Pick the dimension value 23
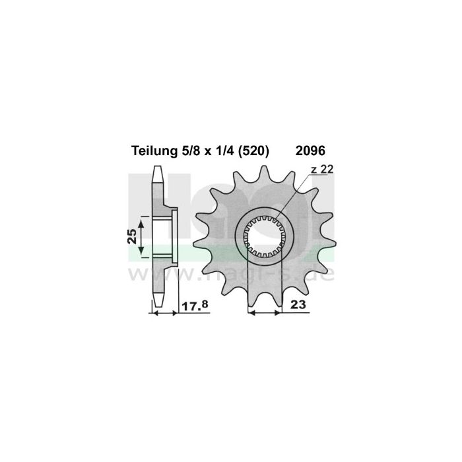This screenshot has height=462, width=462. pos(298,305)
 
